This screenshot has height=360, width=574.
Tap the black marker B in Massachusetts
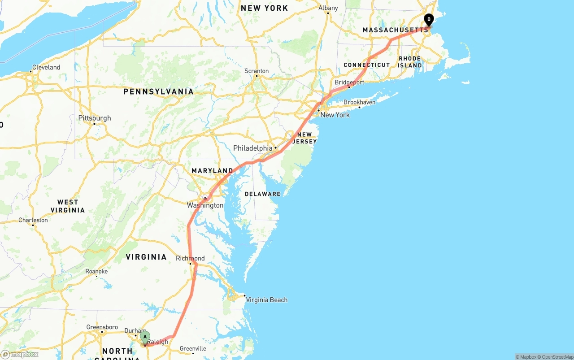pyautogui.click(x=429, y=19)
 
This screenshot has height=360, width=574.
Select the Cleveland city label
pyautogui.click(x=46, y=67)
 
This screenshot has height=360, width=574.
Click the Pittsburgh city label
pyautogui.click(x=95, y=118)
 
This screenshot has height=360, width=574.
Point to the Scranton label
pyautogui.click(x=257, y=71)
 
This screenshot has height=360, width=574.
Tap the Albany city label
pyautogui.click(x=328, y=8)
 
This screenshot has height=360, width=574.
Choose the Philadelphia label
pyautogui.click(x=252, y=148)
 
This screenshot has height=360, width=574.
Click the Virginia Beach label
pyautogui.click(x=266, y=300)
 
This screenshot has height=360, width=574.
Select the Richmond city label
pyautogui.click(x=190, y=258)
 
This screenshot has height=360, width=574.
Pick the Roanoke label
pyautogui.click(x=96, y=271)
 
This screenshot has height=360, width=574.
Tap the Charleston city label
pyautogui.click(x=33, y=220)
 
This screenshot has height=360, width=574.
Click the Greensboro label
pyautogui.click(x=102, y=327)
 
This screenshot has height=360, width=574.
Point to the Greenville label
pyautogui.click(x=193, y=348)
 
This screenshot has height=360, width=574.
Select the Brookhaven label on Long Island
pyautogui.click(x=359, y=102)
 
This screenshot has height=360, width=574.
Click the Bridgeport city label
pyautogui.click(x=349, y=82)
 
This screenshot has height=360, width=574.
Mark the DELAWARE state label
pyautogui.click(x=263, y=194)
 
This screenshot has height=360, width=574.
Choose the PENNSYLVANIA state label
pyautogui.click(x=159, y=92)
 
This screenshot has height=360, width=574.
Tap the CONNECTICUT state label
pyautogui.click(x=367, y=65)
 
